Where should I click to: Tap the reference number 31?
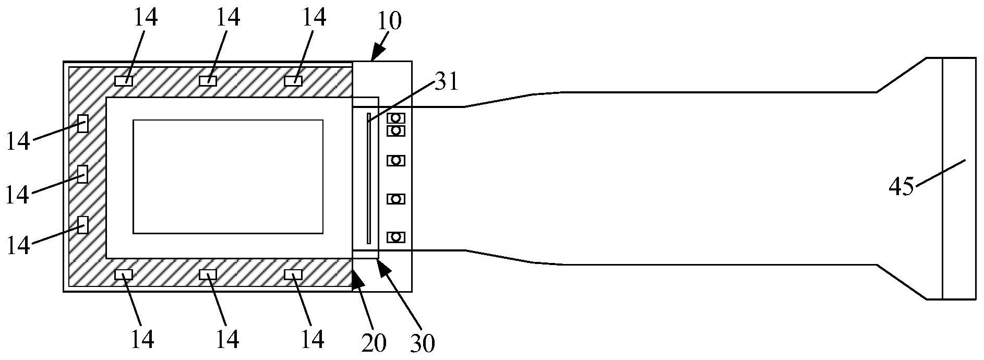pos(445,82)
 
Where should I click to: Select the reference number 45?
pos(902,186)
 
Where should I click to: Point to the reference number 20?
pos(373,342)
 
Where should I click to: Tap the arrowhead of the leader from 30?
pos(380,262)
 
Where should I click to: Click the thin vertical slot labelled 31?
pos(368,178)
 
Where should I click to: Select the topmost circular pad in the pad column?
pos(396,118)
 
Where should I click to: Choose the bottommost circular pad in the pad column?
pos(396,237)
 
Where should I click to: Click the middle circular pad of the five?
pos(396,161)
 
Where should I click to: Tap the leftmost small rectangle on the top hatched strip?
pos(124,81)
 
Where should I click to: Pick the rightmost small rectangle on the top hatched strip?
pos(293,81)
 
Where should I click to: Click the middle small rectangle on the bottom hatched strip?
pos(208,274)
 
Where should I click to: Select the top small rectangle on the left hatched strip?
pos(82,124)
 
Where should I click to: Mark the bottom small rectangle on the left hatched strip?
pos(82,224)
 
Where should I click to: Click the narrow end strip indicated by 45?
pos(959,178)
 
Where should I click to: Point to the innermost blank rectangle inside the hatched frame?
pos(228,176)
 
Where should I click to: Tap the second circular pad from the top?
pos(396,130)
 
